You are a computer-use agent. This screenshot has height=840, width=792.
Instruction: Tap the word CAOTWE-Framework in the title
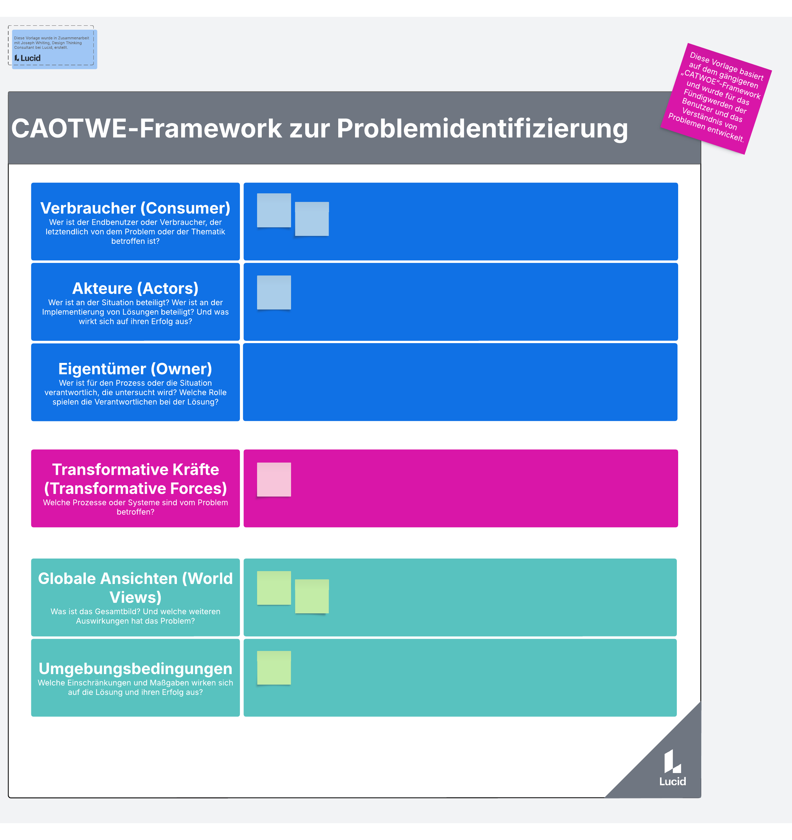(147, 128)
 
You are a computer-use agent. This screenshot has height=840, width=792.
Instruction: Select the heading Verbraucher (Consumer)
(135, 208)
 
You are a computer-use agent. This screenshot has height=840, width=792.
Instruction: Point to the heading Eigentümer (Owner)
(135, 369)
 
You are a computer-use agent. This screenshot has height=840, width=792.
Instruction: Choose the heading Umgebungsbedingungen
(135, 668)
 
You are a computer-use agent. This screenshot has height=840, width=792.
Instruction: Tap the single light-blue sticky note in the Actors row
(274, 292)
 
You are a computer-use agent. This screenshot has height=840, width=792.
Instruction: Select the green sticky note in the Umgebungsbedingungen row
(274, 667)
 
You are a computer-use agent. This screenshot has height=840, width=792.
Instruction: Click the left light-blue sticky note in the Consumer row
(274, 210)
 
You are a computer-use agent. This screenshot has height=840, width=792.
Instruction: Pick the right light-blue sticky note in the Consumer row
(312, 219)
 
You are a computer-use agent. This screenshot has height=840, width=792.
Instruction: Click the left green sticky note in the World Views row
(274, 588)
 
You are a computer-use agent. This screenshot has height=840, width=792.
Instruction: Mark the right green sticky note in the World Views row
(312, 596)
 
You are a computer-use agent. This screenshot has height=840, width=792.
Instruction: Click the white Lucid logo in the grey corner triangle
(673, 768)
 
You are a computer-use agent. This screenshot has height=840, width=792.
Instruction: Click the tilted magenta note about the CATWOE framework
(716, 98)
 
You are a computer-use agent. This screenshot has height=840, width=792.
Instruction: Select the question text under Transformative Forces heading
(135, 507)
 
